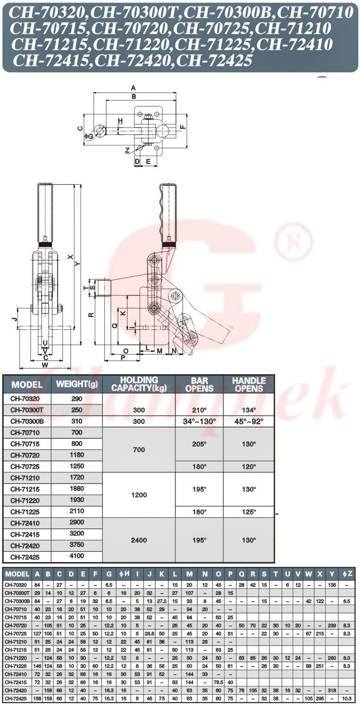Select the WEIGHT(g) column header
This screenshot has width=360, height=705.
(x=77, y=384)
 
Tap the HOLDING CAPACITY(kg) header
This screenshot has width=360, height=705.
(x=139, y=384)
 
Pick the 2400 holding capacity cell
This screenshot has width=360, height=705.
(x=139, y=540)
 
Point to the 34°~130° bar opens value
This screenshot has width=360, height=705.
(x=200, y=421)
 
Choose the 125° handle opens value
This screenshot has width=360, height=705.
(x=248, y=512)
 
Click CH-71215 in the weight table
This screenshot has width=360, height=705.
(x=25, y=489)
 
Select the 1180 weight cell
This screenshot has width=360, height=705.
(x=77, y=455)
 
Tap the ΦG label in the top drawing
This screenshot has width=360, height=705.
(x=88, y=136)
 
